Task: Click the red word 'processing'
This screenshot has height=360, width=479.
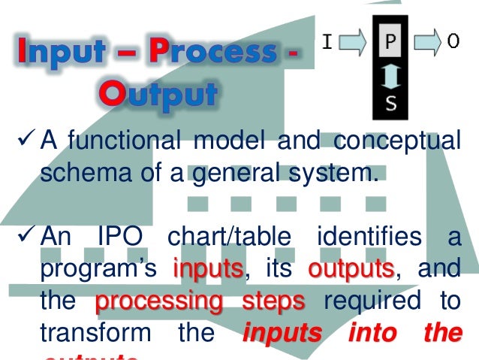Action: pos(159,301)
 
